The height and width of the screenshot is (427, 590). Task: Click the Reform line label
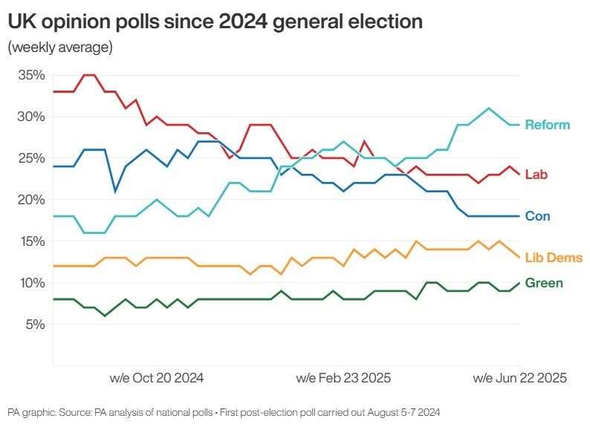click(547, 125)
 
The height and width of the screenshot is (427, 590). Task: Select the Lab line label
click(536, 175)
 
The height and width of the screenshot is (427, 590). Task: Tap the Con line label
click(537, 216)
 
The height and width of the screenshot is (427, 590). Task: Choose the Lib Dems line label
click(553, 258)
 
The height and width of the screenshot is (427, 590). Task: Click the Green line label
click(543, 283)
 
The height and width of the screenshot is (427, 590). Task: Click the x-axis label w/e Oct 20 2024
click(156, 378)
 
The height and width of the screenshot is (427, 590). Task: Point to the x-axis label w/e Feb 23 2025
click(343, 378)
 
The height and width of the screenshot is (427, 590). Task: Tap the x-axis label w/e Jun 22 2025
click(519, 378)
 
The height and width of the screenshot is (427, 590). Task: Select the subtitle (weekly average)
click(60, 48)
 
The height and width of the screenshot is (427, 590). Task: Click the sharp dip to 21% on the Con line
click(115, 191)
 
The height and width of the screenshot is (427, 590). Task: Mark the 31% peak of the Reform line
click(488, 108)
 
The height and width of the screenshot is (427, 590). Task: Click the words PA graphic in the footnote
click(27, 411)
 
